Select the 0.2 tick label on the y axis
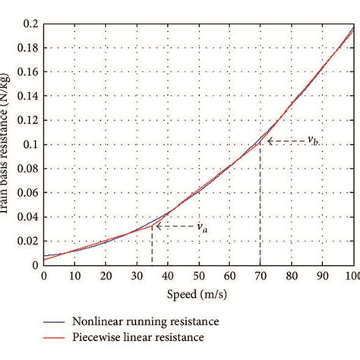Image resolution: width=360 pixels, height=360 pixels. (x=28, y=24)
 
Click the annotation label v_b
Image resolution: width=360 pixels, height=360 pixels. (x=313, y=141)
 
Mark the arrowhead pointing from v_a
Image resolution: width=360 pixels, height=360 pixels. (x=156, y=226)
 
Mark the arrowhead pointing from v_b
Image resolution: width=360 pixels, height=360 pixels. (x=264, y=141)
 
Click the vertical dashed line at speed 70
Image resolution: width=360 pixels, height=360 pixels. (x=261, y=205)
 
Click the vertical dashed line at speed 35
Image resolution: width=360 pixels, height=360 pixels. (x=152, y=247)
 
